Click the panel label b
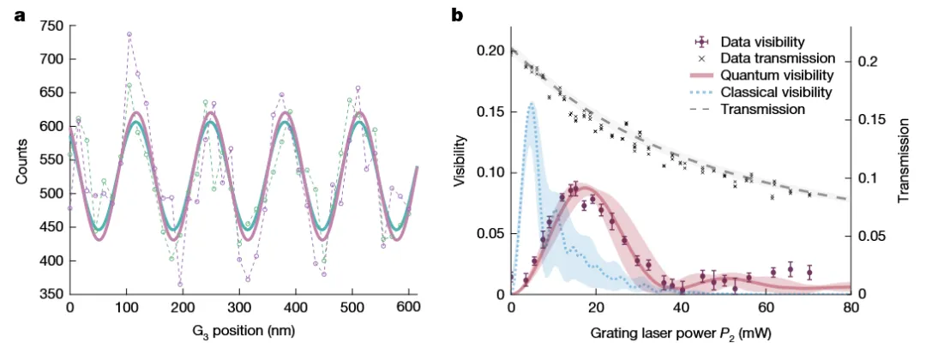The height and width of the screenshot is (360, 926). pyautogui.click(x=457, y=15)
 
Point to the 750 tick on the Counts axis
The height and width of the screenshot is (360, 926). pyautogui.click(x=51, y=26)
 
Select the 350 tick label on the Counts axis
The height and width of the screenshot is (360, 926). pyautogui.click(x=51, y=294)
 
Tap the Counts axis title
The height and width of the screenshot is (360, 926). pyautogui.click(x=20, y=160)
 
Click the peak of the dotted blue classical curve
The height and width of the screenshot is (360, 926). pyautogui.click(x=532, y=103)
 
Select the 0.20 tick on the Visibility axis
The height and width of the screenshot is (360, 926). pyautogui.click(x=490, y=51)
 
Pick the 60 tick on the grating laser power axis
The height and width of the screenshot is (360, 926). pyautogui.click(x=765, y=306)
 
